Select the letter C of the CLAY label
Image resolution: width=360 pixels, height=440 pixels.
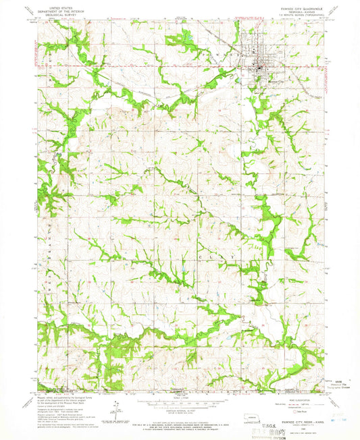(x=201, y=257)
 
